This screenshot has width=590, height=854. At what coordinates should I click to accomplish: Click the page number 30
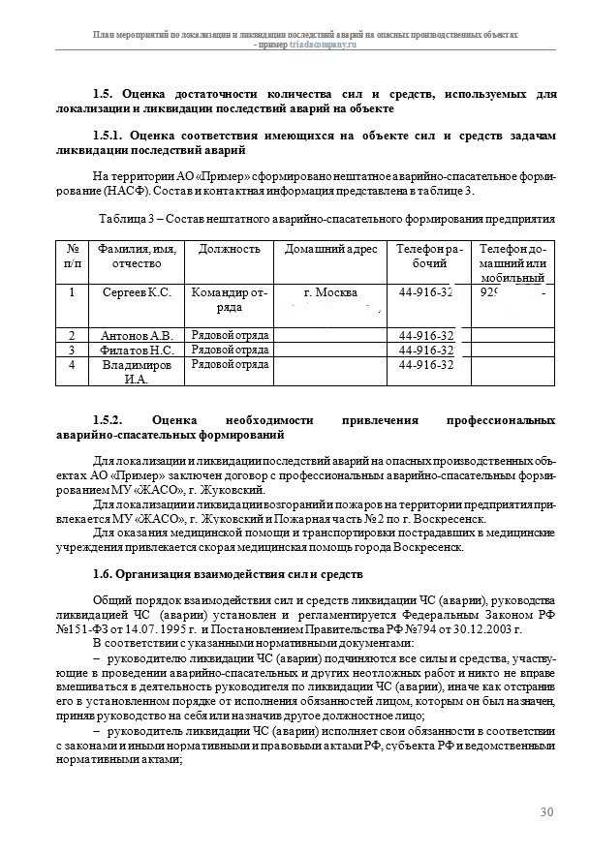point(547,811)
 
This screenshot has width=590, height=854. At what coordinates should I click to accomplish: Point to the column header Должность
point(229,250)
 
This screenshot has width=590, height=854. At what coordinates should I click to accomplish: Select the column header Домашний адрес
point(330,250)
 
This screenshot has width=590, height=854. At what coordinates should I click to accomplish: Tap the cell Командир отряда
point(229,299)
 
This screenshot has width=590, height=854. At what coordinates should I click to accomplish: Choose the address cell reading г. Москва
point(330,292)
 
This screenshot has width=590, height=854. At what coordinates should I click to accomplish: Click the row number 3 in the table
point(72,351)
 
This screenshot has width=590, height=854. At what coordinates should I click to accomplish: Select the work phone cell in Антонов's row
point(426,336)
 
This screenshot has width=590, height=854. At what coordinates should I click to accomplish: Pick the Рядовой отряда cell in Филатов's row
point(229,351)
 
